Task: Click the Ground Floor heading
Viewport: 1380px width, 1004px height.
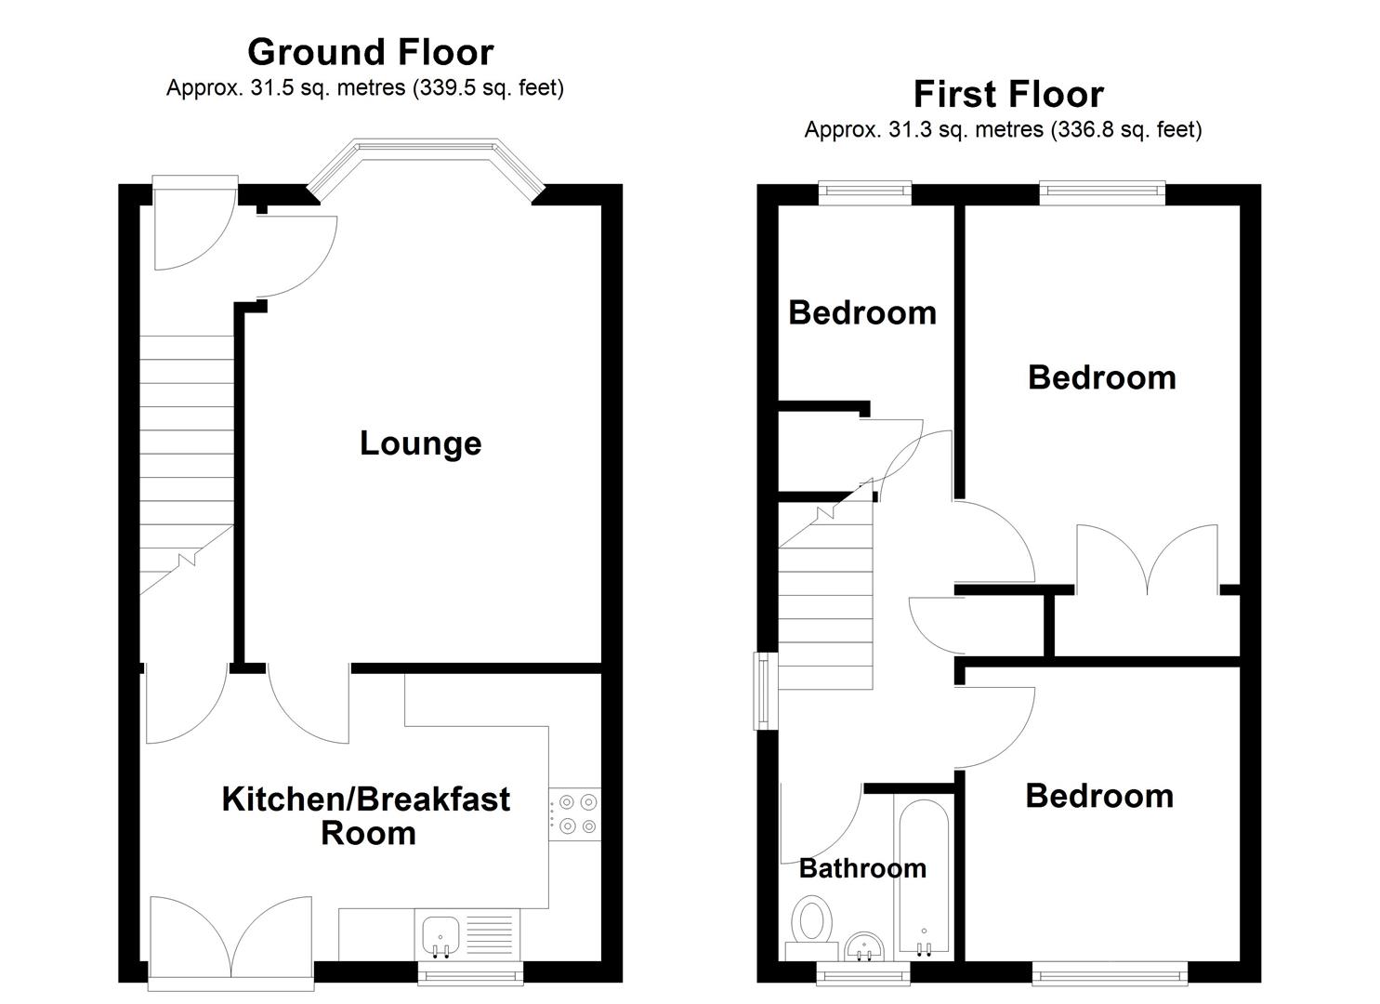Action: [x=370, y=52]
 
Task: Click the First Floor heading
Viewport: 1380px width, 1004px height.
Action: [x=1008, y=94]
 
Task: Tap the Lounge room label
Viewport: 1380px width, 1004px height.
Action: [x=420, y=443]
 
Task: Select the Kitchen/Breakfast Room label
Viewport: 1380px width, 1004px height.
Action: [x=365, y=815]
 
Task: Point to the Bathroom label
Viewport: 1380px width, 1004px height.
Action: [x=862, y=868]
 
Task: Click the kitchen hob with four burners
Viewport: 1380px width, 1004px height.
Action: [x=574, y=813]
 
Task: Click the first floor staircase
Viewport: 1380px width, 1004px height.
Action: [x=825, y=604]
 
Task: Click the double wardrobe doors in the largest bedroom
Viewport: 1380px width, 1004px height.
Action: [x=1147, y=560]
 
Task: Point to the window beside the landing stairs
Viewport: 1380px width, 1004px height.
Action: [x=762, y=691]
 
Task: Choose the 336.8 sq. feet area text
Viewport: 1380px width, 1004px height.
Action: [x=1125, y=130]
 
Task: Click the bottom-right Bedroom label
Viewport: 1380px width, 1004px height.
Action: [x=1099, y=796]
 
